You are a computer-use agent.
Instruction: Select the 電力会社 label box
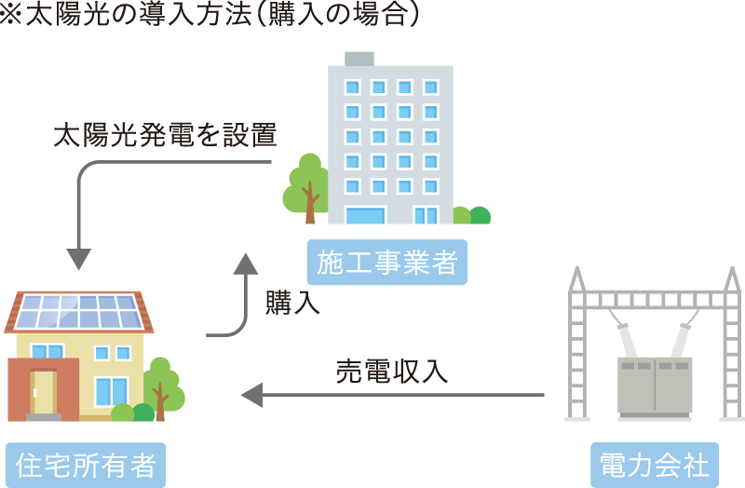[x=655, y=465]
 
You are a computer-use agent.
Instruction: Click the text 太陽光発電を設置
[x=165, y=136]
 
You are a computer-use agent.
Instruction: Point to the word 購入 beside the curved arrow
[x=292, y=304]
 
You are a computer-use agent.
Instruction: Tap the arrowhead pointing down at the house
[x=79, y=258]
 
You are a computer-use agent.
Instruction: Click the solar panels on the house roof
[x=80, y=312]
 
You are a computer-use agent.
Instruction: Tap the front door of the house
[x=43, y=391]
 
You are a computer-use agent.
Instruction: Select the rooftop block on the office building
[x=359, y=58]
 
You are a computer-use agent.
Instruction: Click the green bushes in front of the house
[x=132, y=413]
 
